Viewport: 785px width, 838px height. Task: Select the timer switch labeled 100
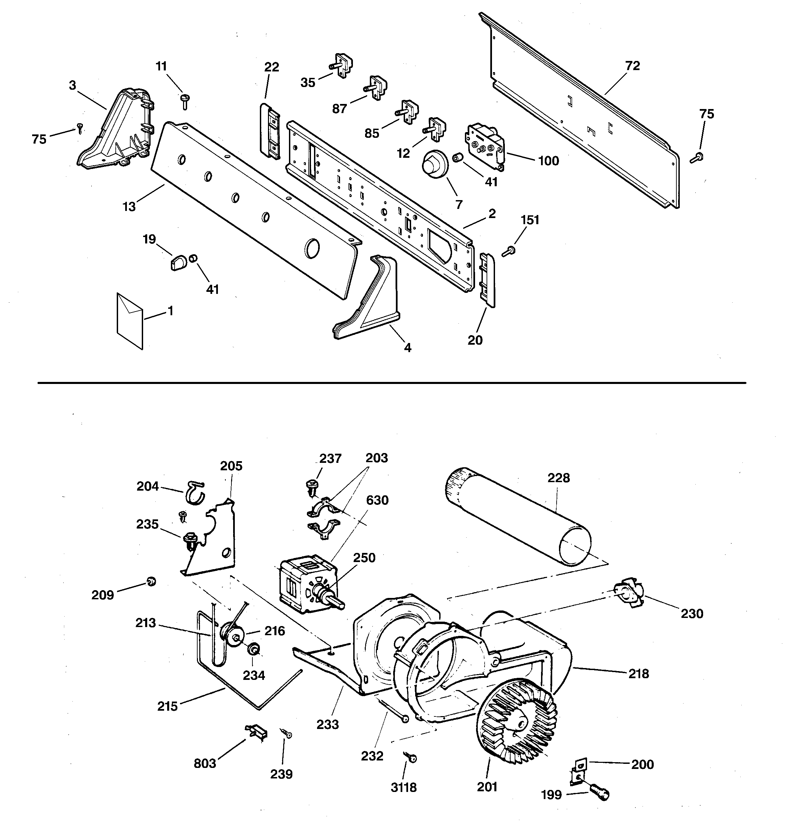[485, 146]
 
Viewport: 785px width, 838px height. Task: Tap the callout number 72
[632, 66]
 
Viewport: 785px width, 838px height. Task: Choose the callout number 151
[530, 220]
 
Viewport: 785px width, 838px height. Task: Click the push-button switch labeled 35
[342, 66]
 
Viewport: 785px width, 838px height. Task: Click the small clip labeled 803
[256, 732]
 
